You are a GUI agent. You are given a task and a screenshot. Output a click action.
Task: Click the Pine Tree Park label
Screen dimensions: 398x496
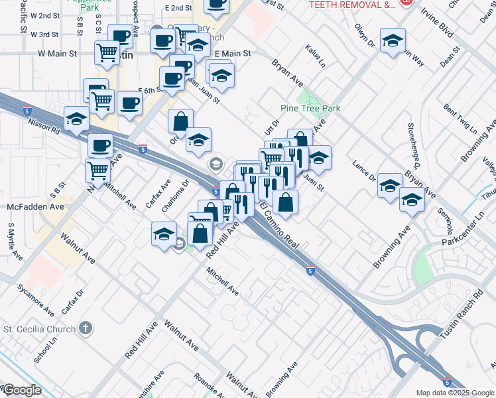click(x=310, y=108)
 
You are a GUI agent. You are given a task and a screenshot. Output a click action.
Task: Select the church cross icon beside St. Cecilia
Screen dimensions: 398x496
click(x=84, y=328)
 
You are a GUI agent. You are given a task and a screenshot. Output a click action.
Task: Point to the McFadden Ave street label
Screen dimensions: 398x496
click(x=35, y=207)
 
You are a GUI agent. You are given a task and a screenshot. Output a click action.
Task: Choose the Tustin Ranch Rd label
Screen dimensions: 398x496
click(x=462, y=315)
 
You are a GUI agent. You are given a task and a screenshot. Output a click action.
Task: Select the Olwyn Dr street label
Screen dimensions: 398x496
click(x=365, y=39)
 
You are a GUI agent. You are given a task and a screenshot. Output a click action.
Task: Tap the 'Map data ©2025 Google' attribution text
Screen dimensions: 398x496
click(x=455, y=393)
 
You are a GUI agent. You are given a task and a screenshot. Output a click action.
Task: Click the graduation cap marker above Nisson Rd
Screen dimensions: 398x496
click(x=77, y=118)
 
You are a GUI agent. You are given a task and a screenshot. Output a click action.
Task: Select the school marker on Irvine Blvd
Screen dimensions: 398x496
click(x=393, y=40)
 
